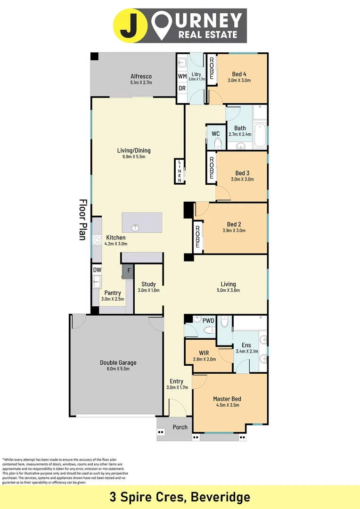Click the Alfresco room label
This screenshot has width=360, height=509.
point(141,76)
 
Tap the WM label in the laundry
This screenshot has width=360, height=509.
point(181,76)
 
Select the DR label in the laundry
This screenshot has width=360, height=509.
point(181,88)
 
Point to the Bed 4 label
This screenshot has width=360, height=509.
point(239,74)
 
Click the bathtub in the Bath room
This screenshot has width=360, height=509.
point(260,134)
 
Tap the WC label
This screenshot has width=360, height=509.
point(216,134)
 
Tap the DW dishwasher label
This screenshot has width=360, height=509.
point(97,270)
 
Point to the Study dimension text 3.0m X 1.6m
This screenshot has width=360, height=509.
point(148,290)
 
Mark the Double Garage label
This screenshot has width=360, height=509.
point(118,362)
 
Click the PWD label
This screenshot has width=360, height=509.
point(208,321)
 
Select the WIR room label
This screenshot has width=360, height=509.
point(204,353)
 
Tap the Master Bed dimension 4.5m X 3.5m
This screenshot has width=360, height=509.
point(227,405)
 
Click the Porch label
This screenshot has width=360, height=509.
point(180,427)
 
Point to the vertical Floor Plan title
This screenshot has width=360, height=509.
point(83,220)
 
